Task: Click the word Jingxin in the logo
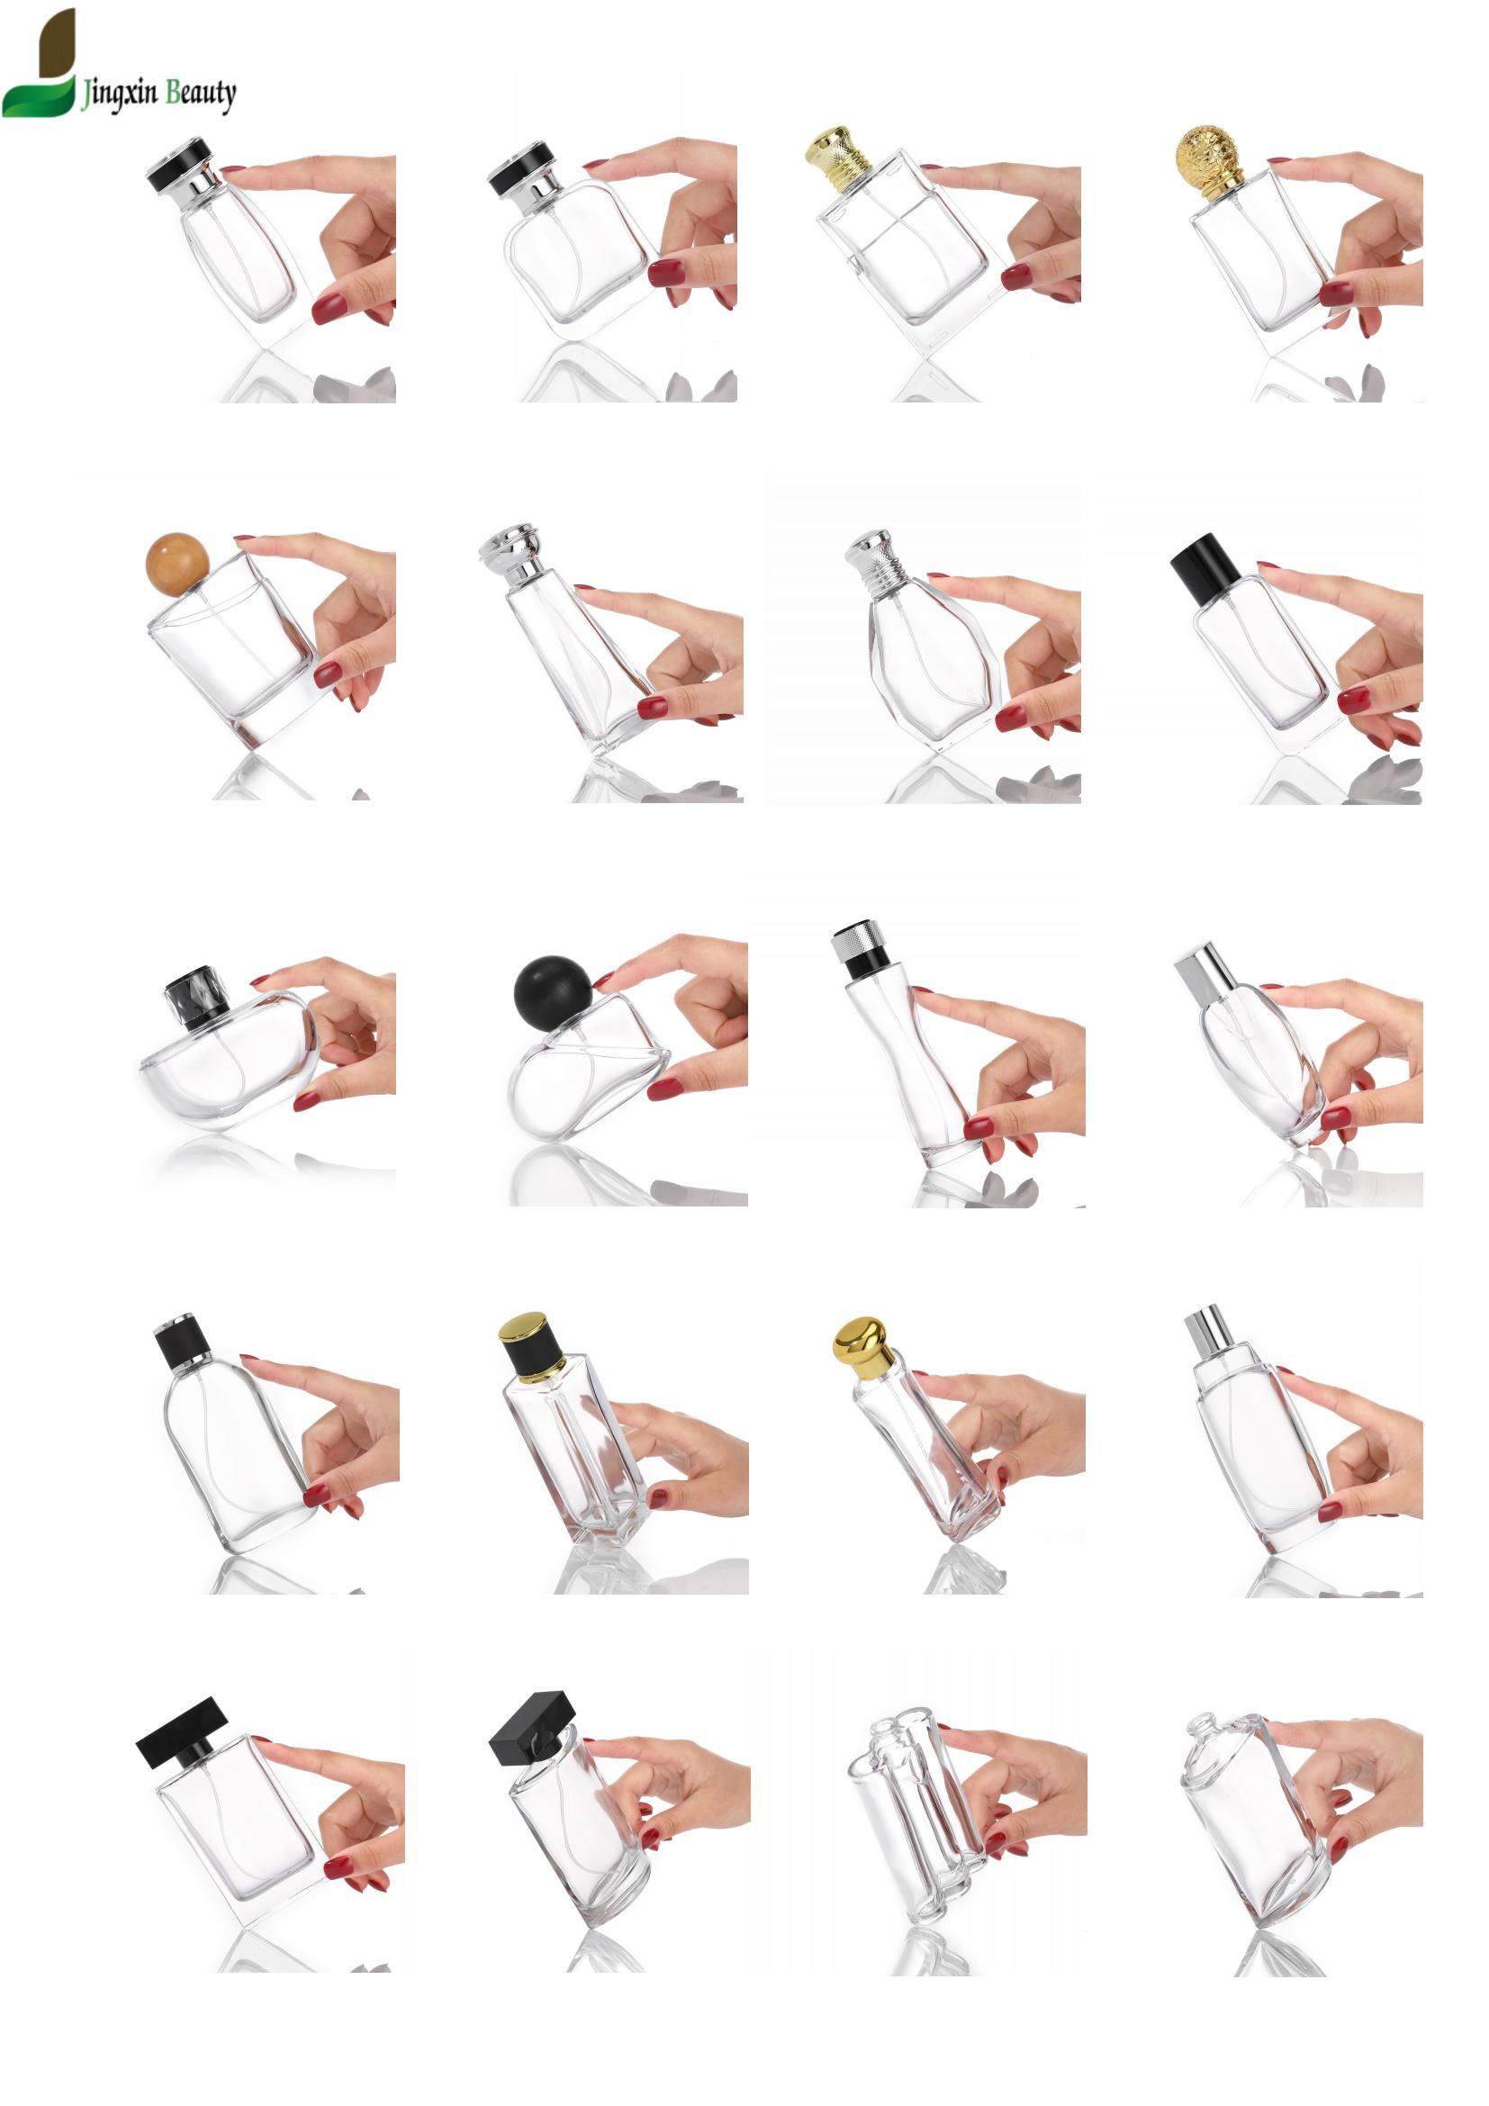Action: [x=119, y=94]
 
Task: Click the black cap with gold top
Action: [x=532, y=1349]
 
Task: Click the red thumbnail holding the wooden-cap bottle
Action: [x=328, y=676]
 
